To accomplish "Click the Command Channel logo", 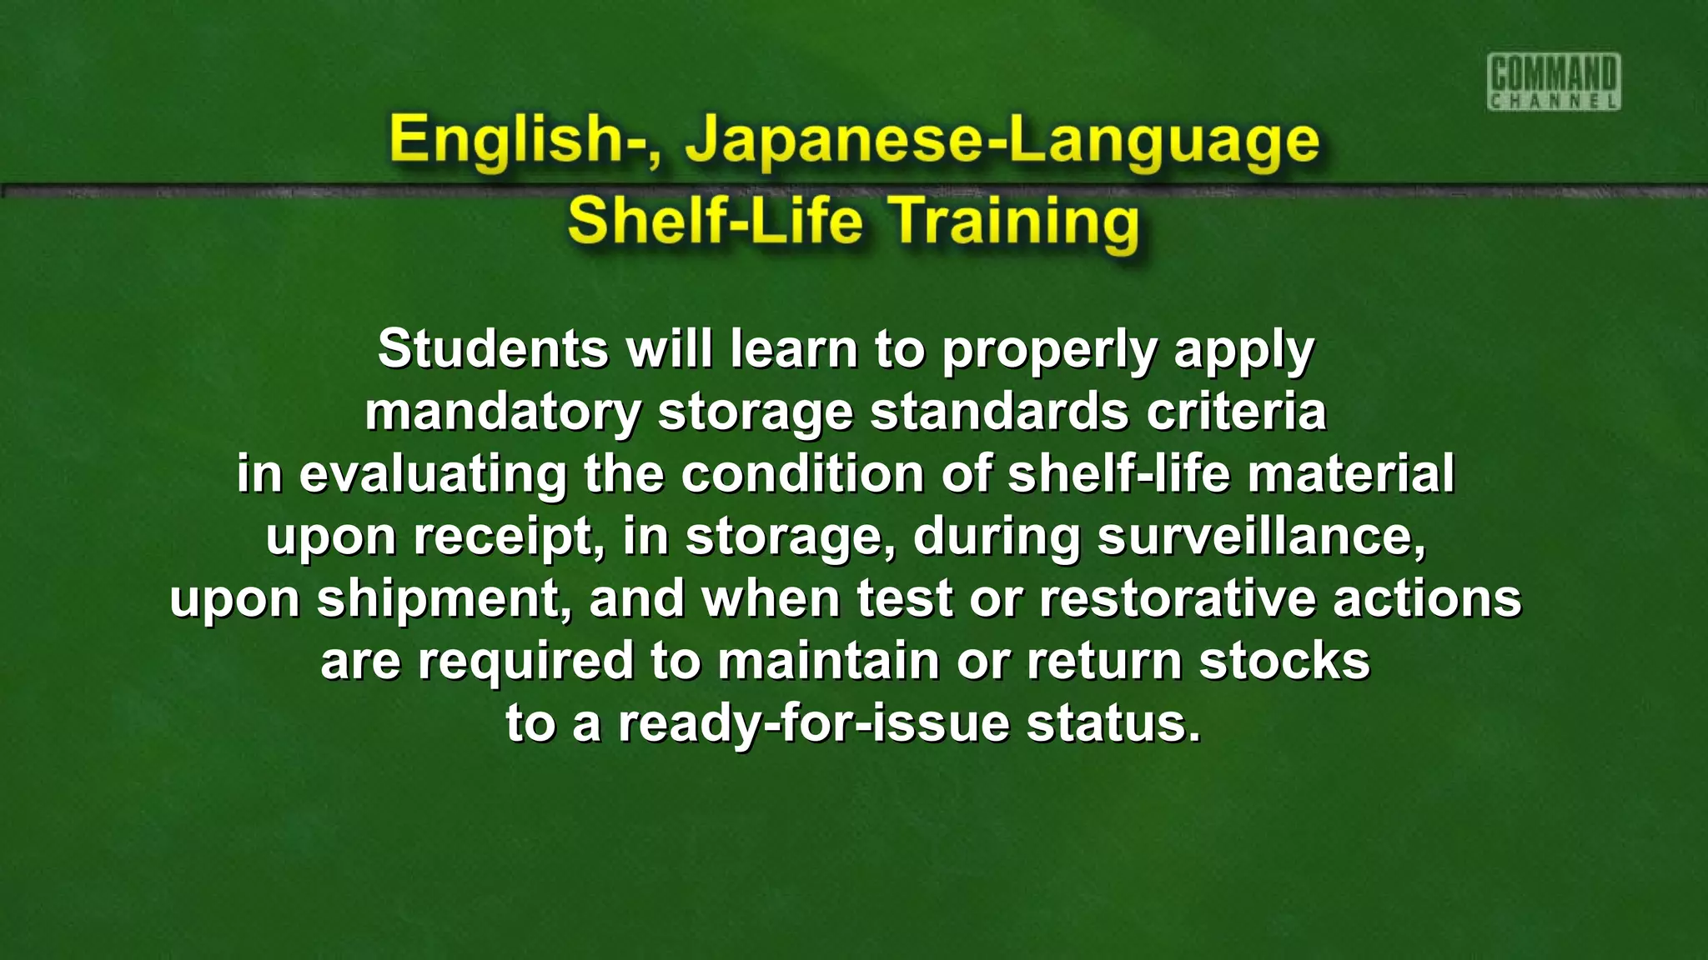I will (x=1553, y=82).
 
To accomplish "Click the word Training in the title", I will (x=1014, y=222).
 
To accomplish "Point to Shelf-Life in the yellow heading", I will (x=715, y=222).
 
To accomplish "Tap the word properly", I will (x=1049, y=350).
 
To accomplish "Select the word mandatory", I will (x=503, y=412).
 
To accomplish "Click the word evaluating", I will (x=433, y=474).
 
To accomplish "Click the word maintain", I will (x=829, y=661).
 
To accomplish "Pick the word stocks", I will (x=1284, y=661).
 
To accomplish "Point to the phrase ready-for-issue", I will (x=814, y=723).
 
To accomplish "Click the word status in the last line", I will (x=1113, y=722).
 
